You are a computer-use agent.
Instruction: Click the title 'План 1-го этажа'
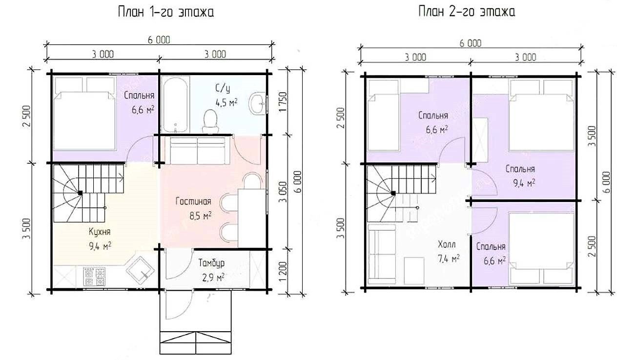tap(166, 12)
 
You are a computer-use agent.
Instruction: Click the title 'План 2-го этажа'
tap(467, 12)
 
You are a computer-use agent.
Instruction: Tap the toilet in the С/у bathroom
tap(210, 121)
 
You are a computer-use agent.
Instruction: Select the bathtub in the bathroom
tap(175, 104)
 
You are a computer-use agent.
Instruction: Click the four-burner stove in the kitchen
tap(95, 276)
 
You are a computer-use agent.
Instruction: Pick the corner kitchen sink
tap(140, 270)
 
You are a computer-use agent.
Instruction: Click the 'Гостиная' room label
tap(193, 201)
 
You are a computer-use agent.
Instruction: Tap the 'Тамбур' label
tap(211, 263)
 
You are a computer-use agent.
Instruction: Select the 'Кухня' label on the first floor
tap(100, 232)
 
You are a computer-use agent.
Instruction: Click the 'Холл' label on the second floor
tap(447, 244)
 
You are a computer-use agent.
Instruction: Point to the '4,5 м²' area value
tap(226, 102)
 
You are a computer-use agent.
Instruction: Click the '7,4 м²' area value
tap(449, 259)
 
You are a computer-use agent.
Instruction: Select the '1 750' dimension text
tap(283, 102)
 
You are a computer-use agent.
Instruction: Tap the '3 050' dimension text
tap(283, 192)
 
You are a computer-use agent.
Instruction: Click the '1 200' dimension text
tap(283, 271)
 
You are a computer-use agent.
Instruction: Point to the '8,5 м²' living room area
tap(201, 216)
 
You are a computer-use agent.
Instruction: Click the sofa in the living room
tap(197, 151)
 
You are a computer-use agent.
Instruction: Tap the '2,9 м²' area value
tap(213, 278)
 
